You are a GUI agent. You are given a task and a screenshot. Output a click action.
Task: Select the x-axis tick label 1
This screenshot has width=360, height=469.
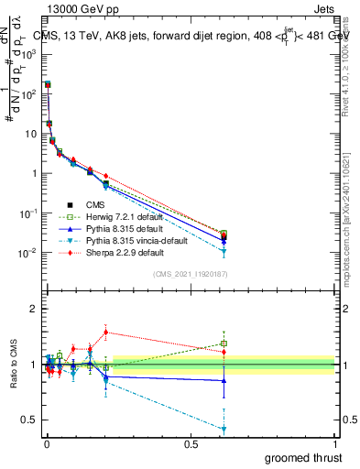(x=334, y=444)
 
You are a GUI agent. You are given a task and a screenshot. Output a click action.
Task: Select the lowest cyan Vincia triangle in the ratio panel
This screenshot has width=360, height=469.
(x=224, y=429)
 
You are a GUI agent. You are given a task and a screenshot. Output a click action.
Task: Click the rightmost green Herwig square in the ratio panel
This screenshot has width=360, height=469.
(x=224, y=344)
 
